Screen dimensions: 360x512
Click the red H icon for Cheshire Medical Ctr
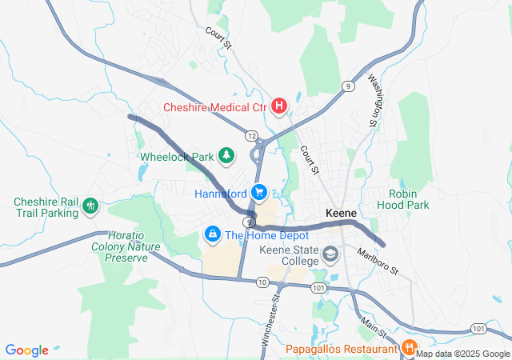click(x=279, y=105)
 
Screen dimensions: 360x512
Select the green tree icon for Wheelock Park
click(x=227, y=154)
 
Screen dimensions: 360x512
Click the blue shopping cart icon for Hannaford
click(x=258, y=192)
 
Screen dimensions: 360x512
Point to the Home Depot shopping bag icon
click(x=212, y=234)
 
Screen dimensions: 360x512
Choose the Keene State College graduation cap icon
click(x=330, y=254)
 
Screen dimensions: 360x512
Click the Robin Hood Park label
click(x=409, y=200)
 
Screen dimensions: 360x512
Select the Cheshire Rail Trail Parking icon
click(x=90, y=206)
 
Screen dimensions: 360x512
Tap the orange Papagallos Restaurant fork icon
click(x=408, y=348)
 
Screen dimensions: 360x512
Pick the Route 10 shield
click(x=262, y=282)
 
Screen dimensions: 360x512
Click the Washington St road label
click(x=374, y=101)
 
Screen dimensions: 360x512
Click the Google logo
click(x=27, y=350)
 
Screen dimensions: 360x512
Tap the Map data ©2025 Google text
click(x=462, y=354)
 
